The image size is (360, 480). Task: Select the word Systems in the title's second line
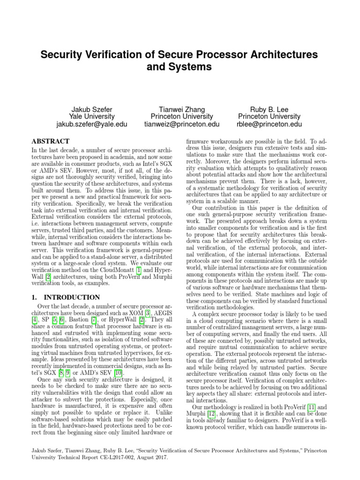(188, 67)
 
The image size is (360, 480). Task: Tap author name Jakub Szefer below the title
(91, 108)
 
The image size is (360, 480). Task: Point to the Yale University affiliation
(91, 116)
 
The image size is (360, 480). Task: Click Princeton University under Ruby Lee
(270, 116)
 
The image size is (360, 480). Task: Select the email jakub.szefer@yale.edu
(91, 124)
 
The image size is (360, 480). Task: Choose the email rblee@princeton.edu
(270, 124)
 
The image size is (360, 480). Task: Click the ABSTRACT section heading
(50, 141)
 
